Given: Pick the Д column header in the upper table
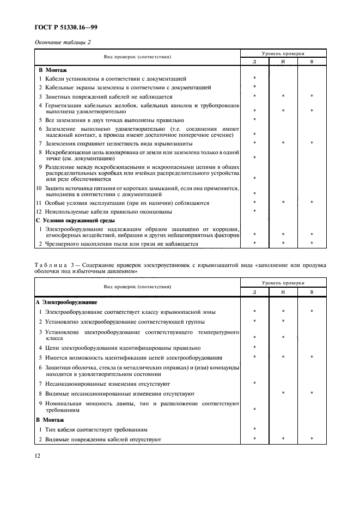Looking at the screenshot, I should (254, 62).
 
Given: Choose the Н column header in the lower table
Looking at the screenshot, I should (283, 293).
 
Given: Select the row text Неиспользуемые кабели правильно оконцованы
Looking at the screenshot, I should (113, 211).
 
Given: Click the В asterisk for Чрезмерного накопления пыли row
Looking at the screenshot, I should (312, 244).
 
